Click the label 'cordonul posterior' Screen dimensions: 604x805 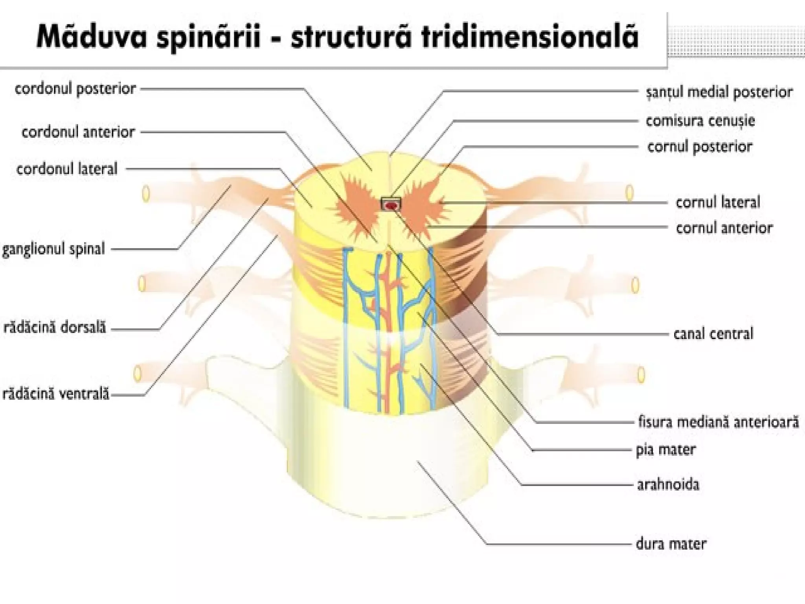(75, 89)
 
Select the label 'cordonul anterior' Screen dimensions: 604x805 (78, 132)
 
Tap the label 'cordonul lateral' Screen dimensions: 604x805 (67, 169)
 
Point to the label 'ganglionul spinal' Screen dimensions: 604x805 (53, 249)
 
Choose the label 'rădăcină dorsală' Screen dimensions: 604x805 (55, 328)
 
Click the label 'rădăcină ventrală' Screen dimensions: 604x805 (55, 394)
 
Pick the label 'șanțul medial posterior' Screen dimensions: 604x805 (719, 92)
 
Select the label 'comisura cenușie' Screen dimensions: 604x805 (700, 121)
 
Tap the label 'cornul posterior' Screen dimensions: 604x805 (700, 147)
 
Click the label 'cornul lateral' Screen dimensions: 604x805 (718, 202)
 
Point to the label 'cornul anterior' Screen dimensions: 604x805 (724, 228)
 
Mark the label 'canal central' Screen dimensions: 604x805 (713, 334)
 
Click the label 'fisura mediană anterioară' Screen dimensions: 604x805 (718, 422)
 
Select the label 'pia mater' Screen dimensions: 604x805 (666, 449)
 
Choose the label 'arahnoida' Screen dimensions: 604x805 (668, 484)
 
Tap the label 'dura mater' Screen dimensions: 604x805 (671, 544)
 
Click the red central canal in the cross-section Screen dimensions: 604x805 (391, 205)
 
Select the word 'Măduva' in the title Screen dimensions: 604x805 (92, 37)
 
